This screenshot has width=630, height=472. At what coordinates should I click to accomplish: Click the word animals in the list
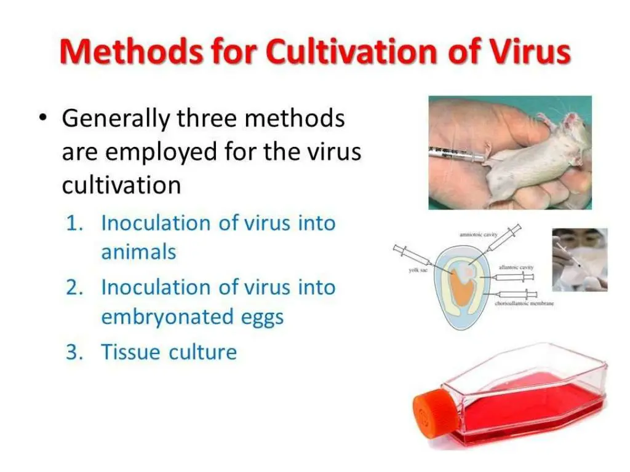click(x=138, y=252)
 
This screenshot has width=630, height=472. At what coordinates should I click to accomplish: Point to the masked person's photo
click(x=579, y=259)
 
